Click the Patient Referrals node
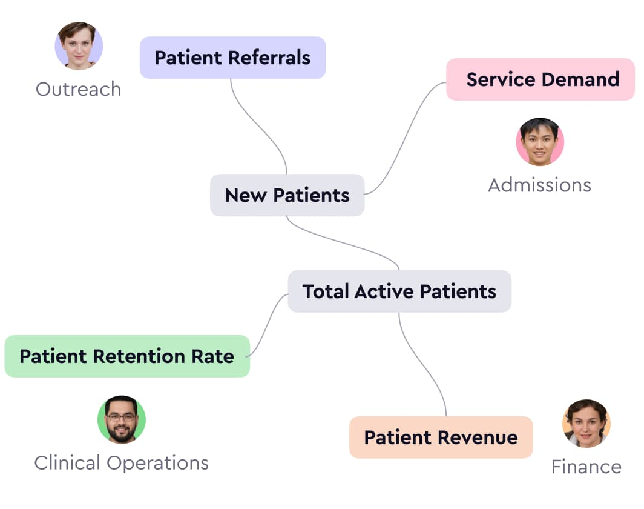[232, 58]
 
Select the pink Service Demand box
[540, 79]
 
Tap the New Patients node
[287, 195]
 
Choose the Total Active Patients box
[399, 291]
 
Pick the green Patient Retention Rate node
[126, 356]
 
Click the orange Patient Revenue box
[441, 437]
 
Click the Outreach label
[78, 89]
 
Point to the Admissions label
[539, 185]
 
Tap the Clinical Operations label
[121, 463]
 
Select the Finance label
[586, 467]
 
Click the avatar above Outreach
[79, 46]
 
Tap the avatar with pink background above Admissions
[539, 142]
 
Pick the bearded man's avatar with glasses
[121, 419]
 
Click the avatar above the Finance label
[586, 423]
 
